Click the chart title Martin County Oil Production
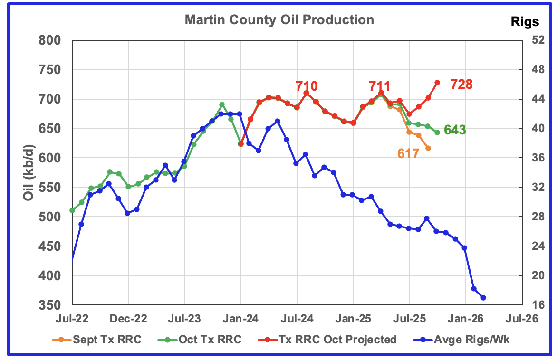(279, 20)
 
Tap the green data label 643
(454, 130)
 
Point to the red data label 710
(307, 86)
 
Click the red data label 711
(380, 86)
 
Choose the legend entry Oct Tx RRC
(217, 340)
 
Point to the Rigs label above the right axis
(525, 21)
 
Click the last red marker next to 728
(437, 83)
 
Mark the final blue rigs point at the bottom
(483, 298)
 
